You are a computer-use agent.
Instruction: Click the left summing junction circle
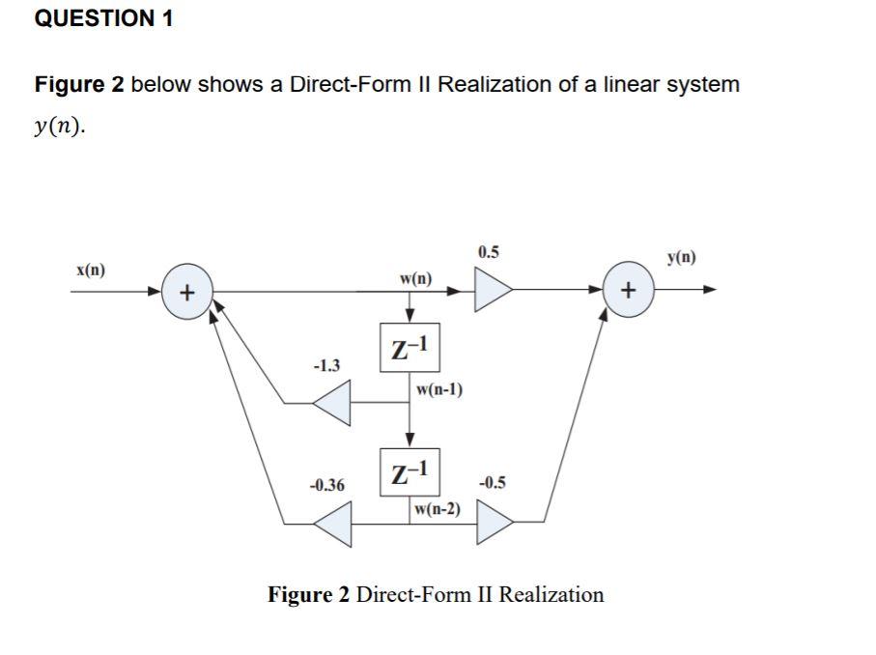click(x=187, y=291)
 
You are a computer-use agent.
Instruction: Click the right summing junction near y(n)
click(x=628, y=289)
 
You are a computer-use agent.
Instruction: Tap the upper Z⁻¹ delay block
click(x=410, y=348)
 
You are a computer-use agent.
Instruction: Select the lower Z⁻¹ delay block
click(x=410, y=473)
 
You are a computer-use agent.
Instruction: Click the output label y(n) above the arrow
click(x=681, y=257)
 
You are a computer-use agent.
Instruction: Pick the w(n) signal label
click(x=415, y=279)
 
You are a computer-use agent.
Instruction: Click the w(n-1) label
click(x=438, y=389)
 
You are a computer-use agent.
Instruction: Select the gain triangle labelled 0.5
click(x=492, y=288)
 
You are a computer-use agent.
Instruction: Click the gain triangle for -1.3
click(x=332, y=403)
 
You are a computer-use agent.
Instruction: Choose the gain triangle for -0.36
click(x=332, y=525)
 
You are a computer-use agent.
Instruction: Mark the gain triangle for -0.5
click(x=494, y=525)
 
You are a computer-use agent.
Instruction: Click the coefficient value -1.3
click(x=326, y=365)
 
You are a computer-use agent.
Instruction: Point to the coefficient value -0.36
click(x=326, y=484)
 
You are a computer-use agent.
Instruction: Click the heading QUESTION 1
click(x=103, y=18)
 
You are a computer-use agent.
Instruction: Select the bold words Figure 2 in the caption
click(x=308, y=594)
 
